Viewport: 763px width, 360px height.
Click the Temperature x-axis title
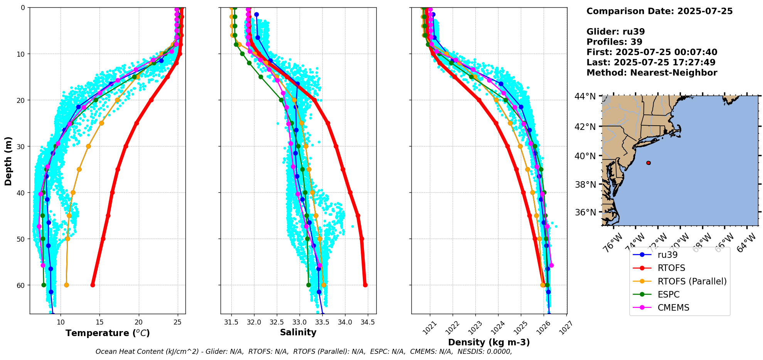click(108, 333)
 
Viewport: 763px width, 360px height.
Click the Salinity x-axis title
click(298, 333)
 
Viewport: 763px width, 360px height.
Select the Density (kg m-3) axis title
click(488, 342)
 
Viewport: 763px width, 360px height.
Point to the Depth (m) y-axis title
click(8, 161)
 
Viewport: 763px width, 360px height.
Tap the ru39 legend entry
click(667, 255)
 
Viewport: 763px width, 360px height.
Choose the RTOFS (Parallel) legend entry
click(692, 281)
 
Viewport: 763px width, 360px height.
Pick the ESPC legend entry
click(669, 294)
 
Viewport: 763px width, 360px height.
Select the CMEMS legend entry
click(673, 308)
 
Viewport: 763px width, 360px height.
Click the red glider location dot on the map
click(648, 163)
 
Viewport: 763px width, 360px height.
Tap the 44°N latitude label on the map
click(585, 96)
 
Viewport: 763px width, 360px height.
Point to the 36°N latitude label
click(585, 212)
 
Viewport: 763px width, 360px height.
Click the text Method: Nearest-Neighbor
click(652, 73)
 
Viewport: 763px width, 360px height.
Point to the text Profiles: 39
click(614, 42)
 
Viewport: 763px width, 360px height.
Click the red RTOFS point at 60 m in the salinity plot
click(365, 285)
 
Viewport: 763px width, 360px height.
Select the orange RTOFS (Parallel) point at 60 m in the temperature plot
click(66, 285)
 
